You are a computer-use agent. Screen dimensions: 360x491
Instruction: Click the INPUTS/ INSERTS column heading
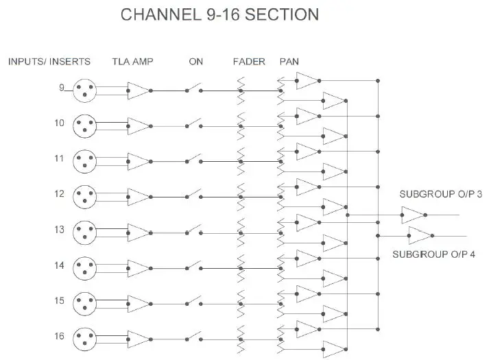coord(49,62)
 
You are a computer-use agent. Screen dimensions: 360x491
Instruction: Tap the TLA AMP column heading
coord(132,62)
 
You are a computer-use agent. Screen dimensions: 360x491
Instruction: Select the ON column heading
coord(195,62)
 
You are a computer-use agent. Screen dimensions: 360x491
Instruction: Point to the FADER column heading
coord(249,62)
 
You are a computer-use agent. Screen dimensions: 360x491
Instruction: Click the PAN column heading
coord(289,62)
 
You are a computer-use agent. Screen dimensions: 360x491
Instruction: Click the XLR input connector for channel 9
coord(84,90)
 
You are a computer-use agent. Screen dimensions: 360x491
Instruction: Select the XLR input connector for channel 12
coord(84,195)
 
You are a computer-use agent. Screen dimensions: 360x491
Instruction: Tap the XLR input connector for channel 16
coord(84,337)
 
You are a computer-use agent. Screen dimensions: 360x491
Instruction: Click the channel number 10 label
coord(60,123)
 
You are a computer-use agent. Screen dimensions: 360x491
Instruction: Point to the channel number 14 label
coord(60,264)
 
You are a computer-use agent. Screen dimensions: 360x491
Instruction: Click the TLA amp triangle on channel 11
coord(138,161)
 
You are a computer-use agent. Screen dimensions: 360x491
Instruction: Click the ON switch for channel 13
coord(194,231)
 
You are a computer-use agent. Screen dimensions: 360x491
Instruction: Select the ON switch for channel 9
coord(194,89)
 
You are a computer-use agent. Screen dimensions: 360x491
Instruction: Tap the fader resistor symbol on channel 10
coord(241,125)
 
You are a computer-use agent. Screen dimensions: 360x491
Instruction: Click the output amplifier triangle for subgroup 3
coord(414,215)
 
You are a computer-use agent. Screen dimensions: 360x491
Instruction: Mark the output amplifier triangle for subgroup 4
coord(419,236)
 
